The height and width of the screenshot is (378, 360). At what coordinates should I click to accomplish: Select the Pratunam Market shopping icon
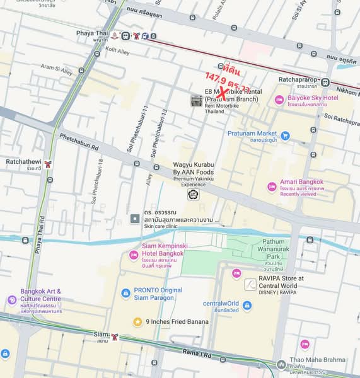point(285,135)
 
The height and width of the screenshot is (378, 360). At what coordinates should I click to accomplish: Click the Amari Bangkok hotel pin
point(272,186)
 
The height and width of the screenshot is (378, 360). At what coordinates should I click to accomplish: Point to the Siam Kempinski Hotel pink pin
point(134,255)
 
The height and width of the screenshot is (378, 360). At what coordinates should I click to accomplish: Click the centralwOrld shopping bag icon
point(247,305)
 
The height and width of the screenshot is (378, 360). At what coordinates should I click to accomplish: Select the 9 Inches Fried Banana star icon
point(137,321)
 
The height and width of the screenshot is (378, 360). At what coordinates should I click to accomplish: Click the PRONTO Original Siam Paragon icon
point(124,294)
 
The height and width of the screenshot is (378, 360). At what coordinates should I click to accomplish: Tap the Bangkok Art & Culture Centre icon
point(11,300)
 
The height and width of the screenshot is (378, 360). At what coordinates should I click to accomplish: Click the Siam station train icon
point(115,337)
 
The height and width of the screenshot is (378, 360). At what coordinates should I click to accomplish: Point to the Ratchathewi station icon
point(49,165)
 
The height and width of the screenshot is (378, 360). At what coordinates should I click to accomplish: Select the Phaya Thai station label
point(92,36)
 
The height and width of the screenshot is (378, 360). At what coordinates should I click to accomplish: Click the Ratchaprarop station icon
point(325,81)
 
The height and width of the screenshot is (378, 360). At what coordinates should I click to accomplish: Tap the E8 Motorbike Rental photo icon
point(197,100)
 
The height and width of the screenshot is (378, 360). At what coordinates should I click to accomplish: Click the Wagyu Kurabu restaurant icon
point(192,195)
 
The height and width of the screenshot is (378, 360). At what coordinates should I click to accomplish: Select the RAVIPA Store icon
point(250,285)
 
